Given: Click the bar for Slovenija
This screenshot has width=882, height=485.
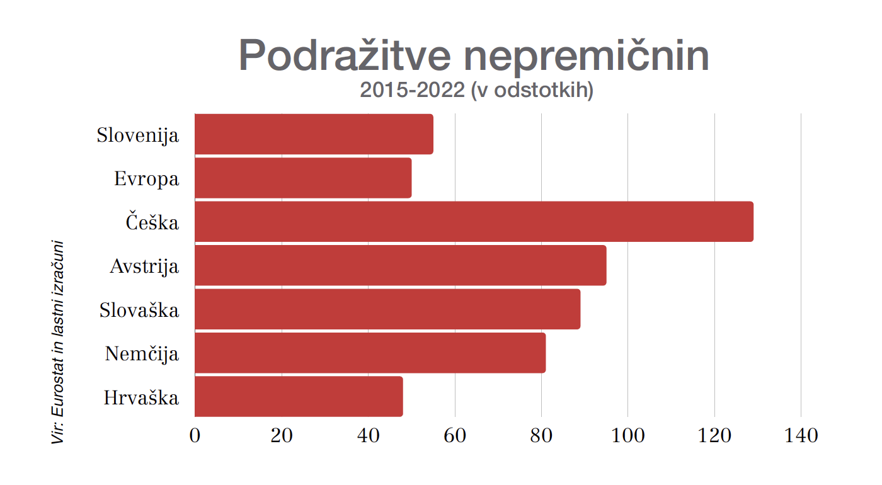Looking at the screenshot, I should pyautogui.click(x=314, y=134).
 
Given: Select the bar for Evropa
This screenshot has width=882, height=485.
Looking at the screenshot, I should pyautogui.click(x=303, y=178).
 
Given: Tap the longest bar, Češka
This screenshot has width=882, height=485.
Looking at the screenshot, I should pyautogui.click(x=474, y=222).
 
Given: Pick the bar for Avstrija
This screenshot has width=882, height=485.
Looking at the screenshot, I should pyautogui.click(x=401, y=265).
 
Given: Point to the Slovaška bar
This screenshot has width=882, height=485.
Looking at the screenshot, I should pyautogui.click(x=387, y=309).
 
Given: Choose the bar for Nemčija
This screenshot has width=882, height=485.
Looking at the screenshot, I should pyautogui.click(x=370, y=353).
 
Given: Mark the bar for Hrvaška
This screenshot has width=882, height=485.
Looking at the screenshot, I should pyautogui.click(x=299, y=397).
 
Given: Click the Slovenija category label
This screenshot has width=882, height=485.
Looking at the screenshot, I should pyautogui.click(x=137, y=135).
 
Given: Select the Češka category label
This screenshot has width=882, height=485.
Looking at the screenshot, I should pyautogui.click(x=152, y=222).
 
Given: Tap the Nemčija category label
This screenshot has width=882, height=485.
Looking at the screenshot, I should pyautogui.click(x=142, y=354).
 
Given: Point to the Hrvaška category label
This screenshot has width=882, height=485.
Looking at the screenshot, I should pyautogui.click(x=141, y=398).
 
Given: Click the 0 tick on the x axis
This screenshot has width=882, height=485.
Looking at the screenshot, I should pyautogui.click(x=195, y=435).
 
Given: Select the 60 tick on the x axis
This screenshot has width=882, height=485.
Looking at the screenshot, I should pyautogui.click(x=455, y=435).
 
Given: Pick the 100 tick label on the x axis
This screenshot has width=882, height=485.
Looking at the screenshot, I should pyautogui.click(x=628, y=435).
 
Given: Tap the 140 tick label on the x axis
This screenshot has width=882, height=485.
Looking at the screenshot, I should pyautogui.click(x=801, y=435).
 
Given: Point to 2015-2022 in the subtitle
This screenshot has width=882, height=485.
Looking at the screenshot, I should pyautogui.click(x=412, y=91).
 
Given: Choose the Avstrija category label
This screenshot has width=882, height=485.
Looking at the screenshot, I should pyautogui.click(x=144, y=266).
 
